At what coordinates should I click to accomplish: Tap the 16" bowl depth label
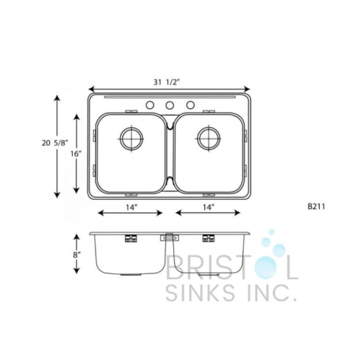pos(75,154)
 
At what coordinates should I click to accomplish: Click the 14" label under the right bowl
pos(208,207)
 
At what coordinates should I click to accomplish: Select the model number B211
pos(316,206)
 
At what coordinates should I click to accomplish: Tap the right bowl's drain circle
pos(207,137)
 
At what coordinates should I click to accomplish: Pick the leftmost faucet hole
pos(150,105)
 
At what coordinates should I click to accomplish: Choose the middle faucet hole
pos(170,105)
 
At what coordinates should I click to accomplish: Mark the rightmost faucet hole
pos(191,105)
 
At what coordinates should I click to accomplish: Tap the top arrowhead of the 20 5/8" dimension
pos(57,97)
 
